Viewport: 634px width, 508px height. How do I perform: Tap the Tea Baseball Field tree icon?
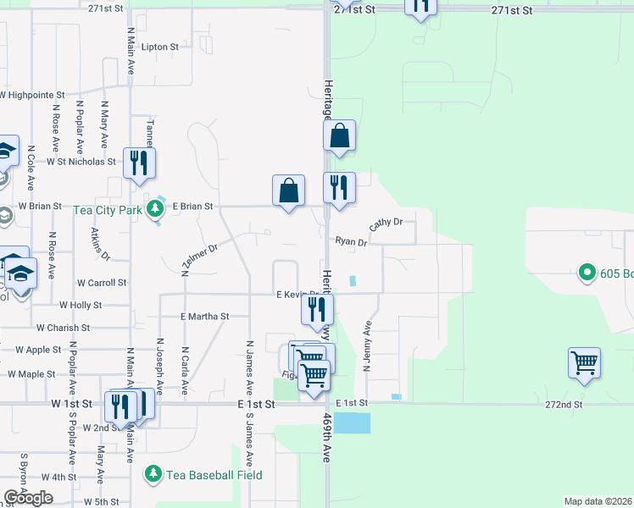point(153,474)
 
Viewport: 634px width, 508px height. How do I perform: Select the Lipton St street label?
point(160,47)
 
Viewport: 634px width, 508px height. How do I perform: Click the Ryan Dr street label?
point(350,242)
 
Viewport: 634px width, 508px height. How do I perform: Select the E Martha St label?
point(205,317)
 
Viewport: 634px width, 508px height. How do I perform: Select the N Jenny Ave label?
point(368,345)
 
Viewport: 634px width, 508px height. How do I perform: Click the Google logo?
point(28,497)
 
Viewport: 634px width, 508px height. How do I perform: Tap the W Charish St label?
point(63,328)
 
